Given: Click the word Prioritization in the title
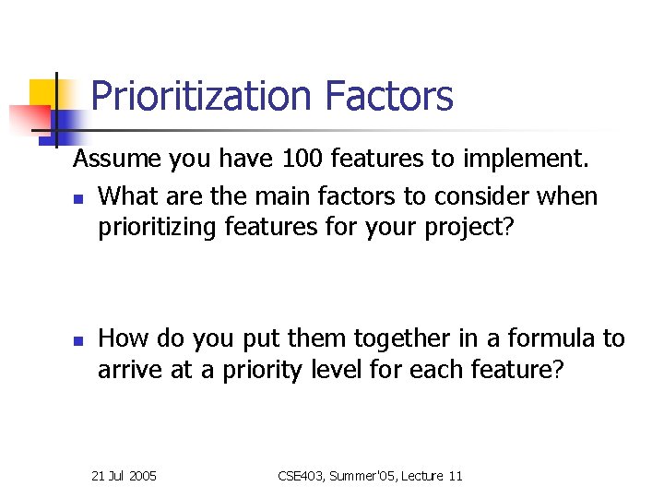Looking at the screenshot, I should tap(201, 97).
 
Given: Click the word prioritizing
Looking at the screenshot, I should tap(158, 227).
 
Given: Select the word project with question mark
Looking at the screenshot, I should tap(470, 227).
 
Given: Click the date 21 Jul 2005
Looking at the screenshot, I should tap(125, 476).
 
